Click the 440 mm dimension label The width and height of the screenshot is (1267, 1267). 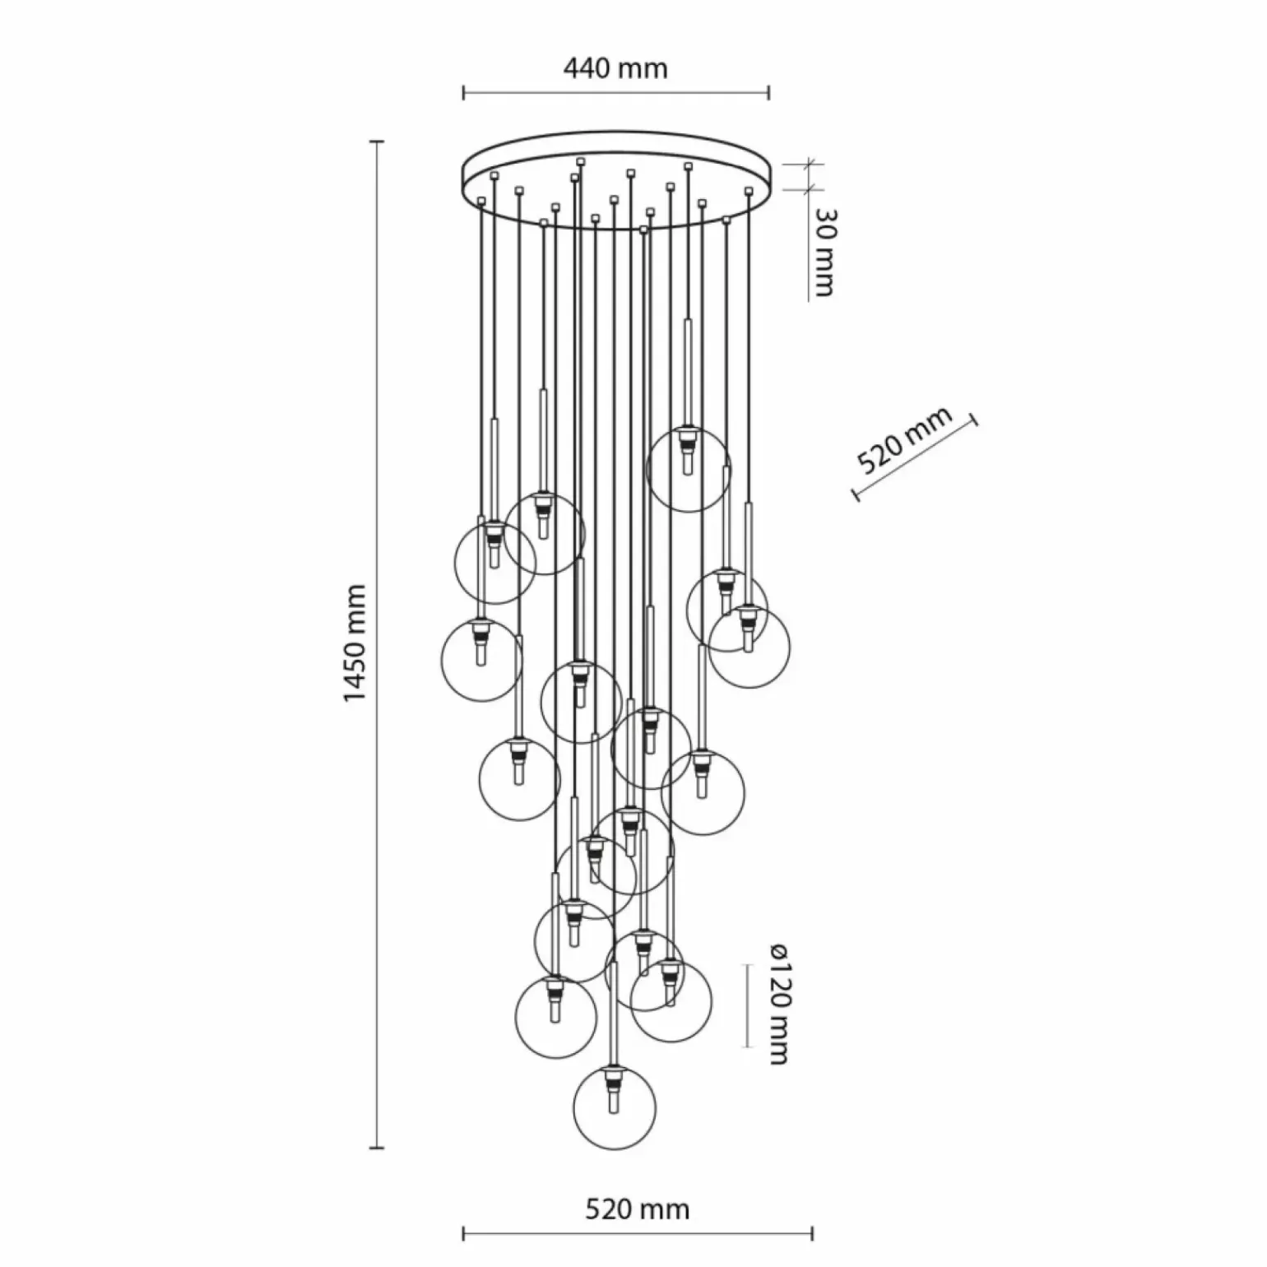615,67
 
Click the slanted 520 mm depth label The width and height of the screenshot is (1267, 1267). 904,440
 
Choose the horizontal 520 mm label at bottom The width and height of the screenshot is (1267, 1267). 638,1209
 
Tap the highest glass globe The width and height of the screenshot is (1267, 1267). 688,470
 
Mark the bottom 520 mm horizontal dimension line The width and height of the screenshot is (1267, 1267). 638,1233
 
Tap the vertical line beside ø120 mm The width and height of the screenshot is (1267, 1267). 747,1005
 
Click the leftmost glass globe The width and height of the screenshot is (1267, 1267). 481,659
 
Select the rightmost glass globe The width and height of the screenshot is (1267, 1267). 750,647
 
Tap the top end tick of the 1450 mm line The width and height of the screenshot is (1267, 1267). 378,142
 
